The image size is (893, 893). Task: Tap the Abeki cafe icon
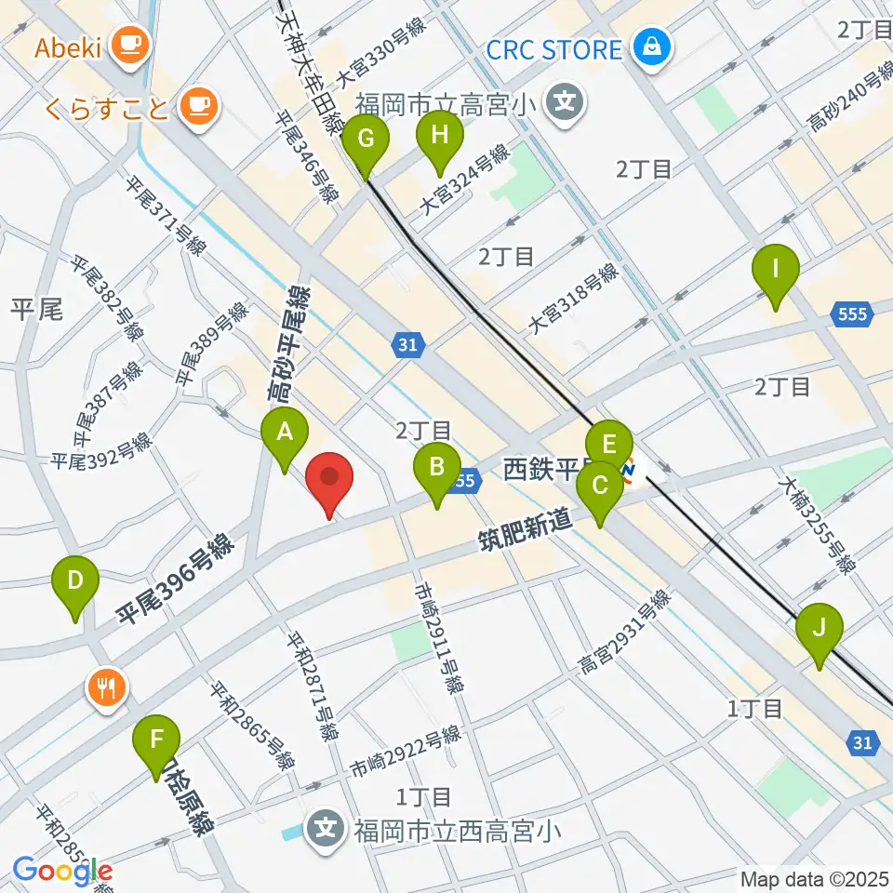point(125,43)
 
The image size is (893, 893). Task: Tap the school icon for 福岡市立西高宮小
point(327,825)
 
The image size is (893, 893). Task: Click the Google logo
point(62,872)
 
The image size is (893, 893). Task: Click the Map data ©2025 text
point(813,877)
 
